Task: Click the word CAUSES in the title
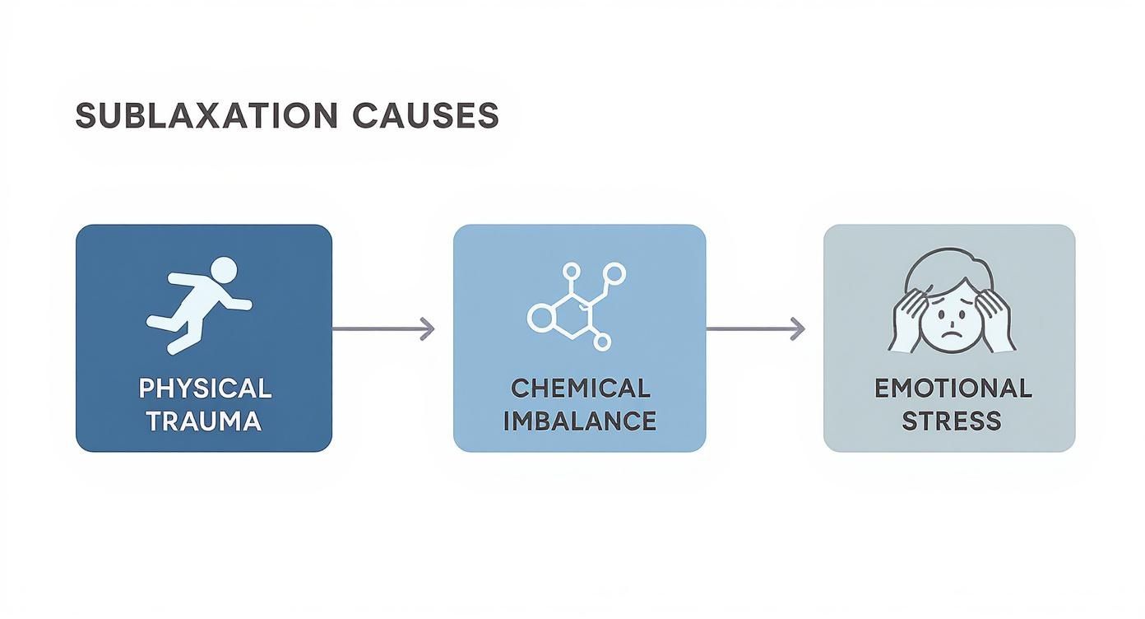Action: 425,116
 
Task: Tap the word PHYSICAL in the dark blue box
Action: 205,388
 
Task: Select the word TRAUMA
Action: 204,421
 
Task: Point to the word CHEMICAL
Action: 580,388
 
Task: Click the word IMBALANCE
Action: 580,421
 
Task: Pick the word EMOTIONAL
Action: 953,388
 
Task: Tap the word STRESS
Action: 952,421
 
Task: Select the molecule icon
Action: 576,305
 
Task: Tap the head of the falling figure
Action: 223,269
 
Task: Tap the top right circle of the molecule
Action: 613,272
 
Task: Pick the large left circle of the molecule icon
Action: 539,316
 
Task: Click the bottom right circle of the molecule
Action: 602,341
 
